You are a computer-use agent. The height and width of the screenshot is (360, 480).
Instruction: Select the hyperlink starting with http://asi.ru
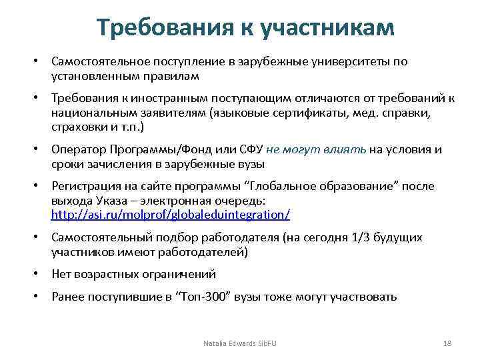[171, 215]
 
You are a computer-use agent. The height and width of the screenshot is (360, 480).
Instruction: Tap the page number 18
[447, 343]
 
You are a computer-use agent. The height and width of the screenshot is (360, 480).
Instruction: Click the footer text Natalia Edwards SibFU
[240, 343]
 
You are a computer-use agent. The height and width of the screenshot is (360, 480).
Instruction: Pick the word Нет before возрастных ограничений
[62, 274]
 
